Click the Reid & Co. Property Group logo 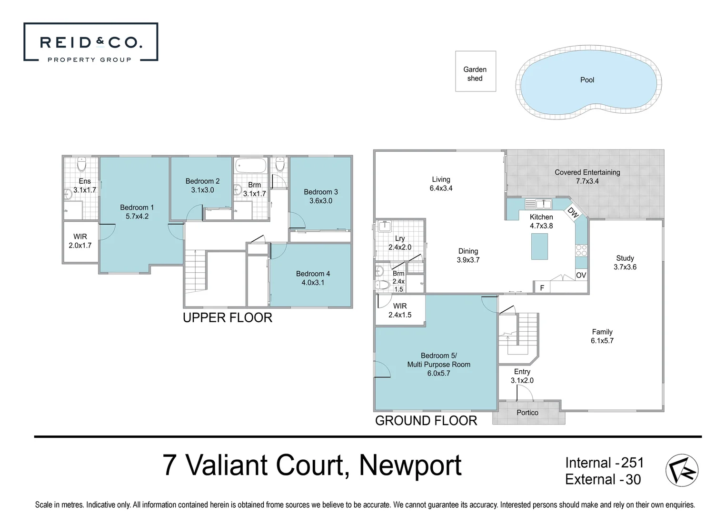click(90, 42)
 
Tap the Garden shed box click(475, 71)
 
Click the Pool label click(587, 80)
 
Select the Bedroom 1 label click(137, 208)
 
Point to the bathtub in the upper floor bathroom click(251, 166)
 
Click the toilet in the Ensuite click(81, 165)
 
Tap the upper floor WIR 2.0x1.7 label click(80, 241)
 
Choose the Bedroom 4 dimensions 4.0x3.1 click(313, 282)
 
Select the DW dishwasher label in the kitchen click(573, 213)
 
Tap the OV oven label click(581, 275)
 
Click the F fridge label click(542, 287)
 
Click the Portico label click(527, 413)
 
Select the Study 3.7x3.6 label click(625, 262)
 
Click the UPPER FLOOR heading click(228, 317)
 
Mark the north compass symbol click(682, 470)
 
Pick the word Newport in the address click(410, 465)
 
